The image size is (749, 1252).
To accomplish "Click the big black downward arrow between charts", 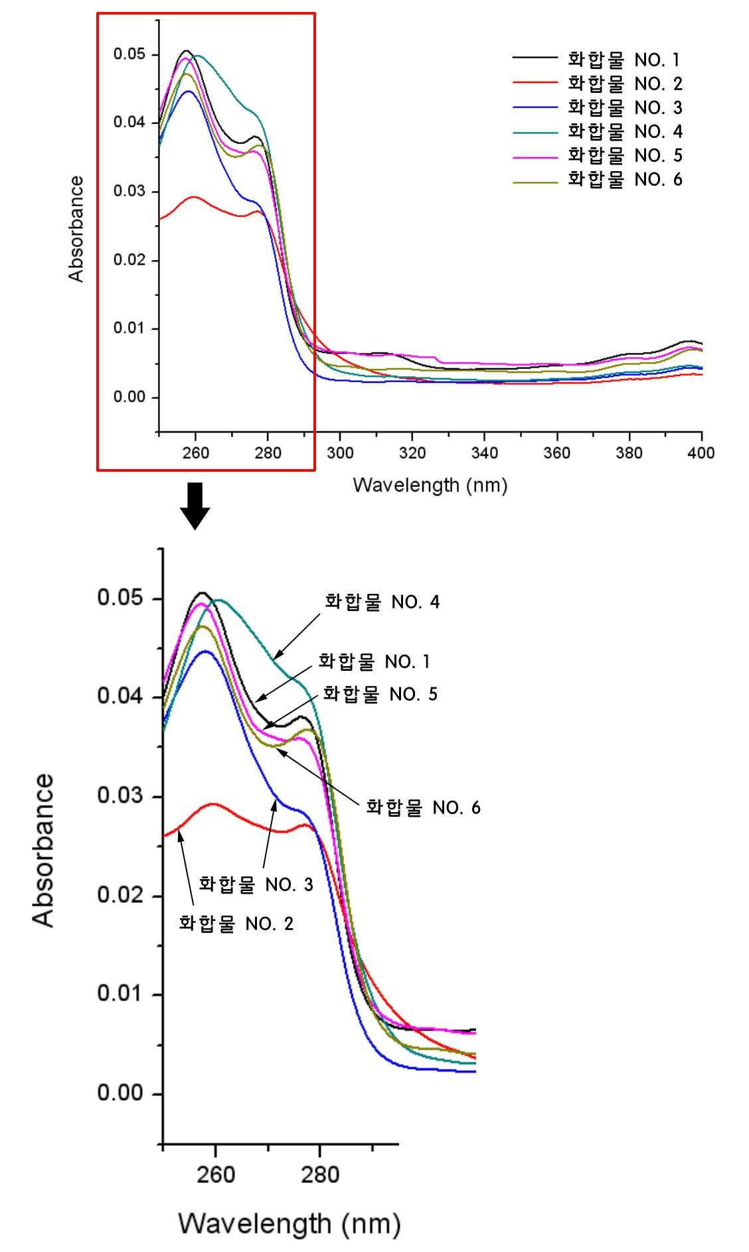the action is (x=195, y=506).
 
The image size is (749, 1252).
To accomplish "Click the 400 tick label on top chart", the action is (x=701, y=452).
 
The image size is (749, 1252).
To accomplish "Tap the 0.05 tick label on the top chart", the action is (x=129, y=54).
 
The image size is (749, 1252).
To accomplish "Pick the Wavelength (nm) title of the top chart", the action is (x=430, y=485).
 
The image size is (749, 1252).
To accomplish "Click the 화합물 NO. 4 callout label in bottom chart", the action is (x=382, y=602).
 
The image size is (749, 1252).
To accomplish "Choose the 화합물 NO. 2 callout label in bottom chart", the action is (x=236, y=923).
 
